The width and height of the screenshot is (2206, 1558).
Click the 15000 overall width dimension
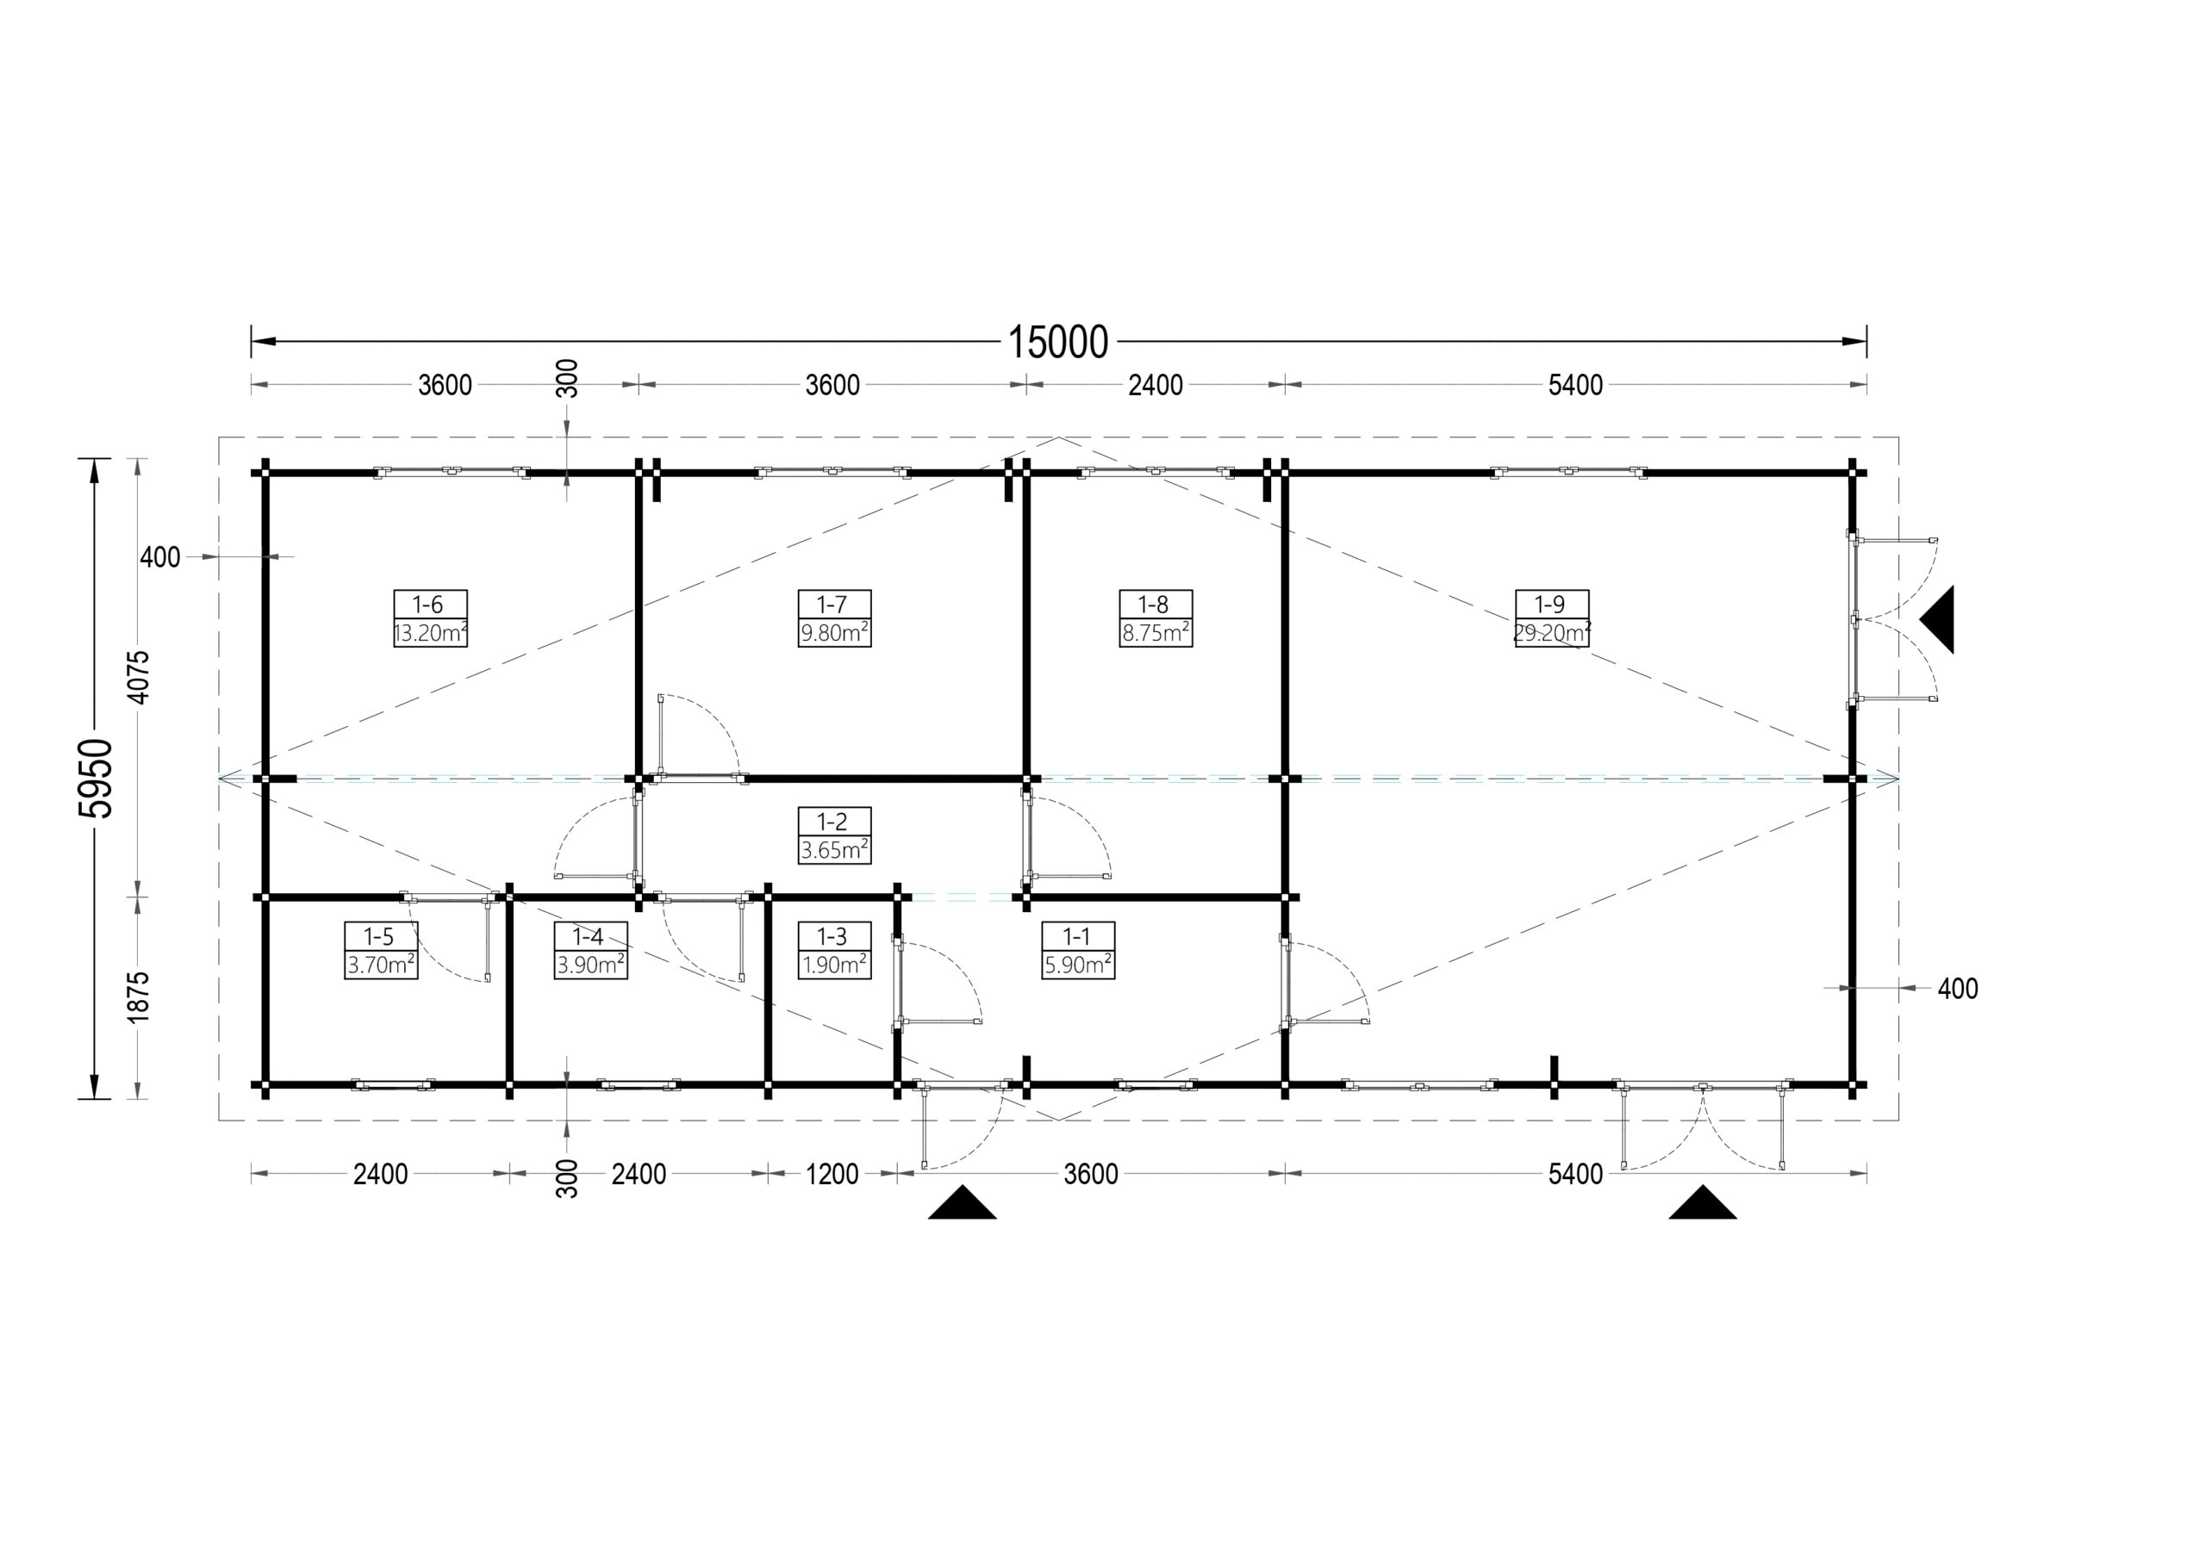1058,343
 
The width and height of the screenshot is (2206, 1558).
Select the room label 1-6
428,605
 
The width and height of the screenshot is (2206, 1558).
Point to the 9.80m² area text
835,633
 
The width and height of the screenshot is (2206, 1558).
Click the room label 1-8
1153,605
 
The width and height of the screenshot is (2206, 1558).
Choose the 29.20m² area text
1552,633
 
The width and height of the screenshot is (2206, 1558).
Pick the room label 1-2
832,822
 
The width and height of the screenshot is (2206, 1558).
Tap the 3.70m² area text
382,965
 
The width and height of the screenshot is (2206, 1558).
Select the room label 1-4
588,936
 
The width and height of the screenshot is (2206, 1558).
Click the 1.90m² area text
835,965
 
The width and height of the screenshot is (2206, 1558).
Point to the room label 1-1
1076,936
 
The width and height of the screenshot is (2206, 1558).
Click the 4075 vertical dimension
139,678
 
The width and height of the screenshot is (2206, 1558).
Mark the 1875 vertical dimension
139,997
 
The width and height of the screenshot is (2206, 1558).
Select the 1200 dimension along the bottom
832,1174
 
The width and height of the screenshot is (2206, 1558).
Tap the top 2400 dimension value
1155,385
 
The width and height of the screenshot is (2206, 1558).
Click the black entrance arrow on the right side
1937,619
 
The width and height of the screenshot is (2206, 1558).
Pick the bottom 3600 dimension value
1091,1174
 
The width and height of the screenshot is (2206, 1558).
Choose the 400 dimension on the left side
159,557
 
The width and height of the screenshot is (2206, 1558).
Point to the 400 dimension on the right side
1957,989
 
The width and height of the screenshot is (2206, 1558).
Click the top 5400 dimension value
1576,385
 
